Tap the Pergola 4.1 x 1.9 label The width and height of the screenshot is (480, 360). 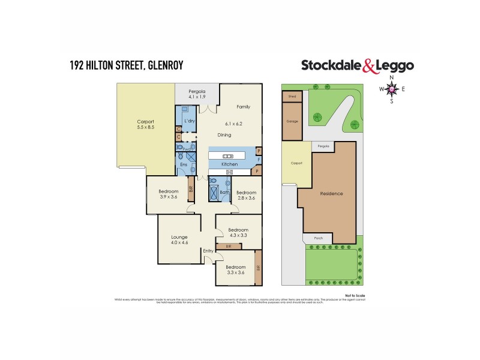(x=197, y=94)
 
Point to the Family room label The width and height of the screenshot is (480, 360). (x=243, y=107)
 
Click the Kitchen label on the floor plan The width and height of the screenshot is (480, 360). (x=230, y=164)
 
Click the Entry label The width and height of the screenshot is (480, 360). (x=208, y=251)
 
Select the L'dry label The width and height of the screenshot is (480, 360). (x=190, y=121)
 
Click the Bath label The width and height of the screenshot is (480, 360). (x=224, y=192)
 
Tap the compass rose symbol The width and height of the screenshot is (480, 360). (x=392, y=89)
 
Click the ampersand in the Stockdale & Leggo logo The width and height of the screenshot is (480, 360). (x=370, y=66)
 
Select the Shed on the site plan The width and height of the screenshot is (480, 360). (x=292, y=96)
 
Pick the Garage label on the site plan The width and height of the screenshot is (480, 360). (x=292, y=121)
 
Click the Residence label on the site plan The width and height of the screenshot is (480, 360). (x=331, y=193)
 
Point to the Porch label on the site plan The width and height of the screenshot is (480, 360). (x=319, y=238)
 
